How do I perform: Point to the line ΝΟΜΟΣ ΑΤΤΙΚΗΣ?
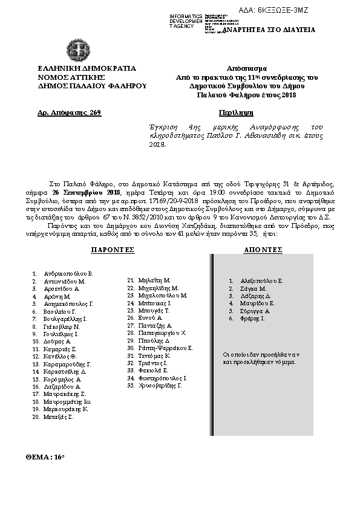pos(73,77)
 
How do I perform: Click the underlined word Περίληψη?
pos(233,112)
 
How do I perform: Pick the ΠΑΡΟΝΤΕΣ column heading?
pos(112,249)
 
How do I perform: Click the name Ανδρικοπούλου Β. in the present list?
pos(68,273)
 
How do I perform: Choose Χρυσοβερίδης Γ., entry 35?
pos(160,385)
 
